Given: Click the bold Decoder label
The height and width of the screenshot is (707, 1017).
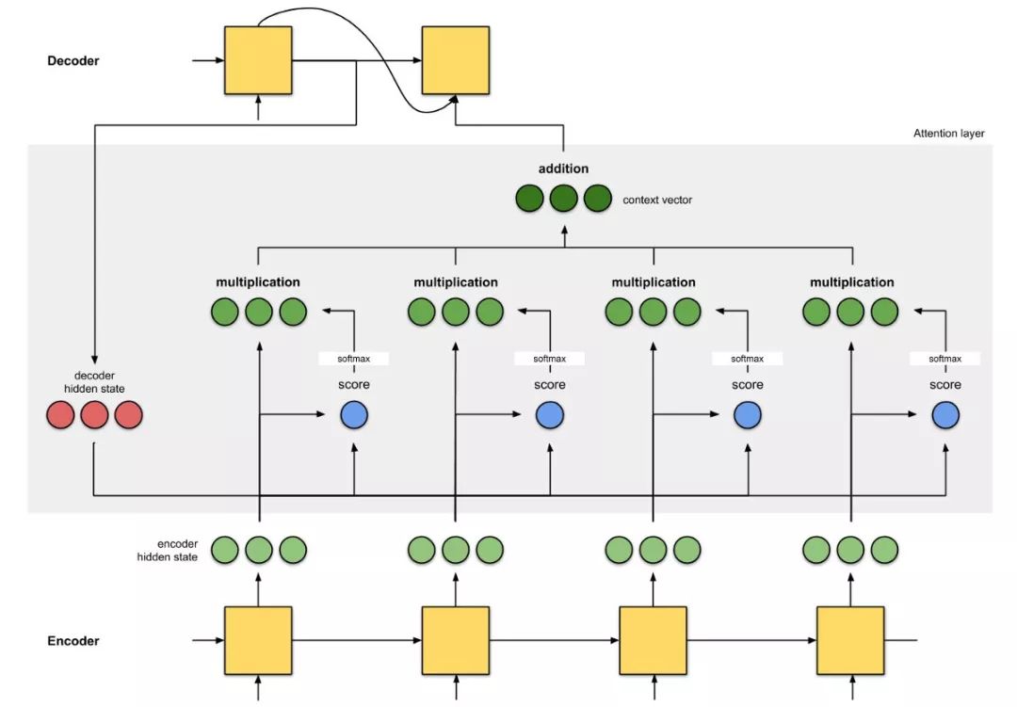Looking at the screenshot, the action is pos(73,61).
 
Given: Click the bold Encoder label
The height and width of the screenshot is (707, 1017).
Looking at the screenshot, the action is pos(73,641).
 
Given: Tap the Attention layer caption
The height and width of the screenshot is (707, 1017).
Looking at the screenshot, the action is pos(949,134).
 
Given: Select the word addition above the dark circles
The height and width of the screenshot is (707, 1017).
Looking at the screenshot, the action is pos(564,169).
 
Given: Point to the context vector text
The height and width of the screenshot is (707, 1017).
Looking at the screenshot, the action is pos(657,200).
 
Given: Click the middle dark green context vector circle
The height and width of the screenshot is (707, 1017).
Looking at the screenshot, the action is pos(564,199).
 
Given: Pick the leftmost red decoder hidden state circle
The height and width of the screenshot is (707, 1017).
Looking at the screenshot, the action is pos(60,415).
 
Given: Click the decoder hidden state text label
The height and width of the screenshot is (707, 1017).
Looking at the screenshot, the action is pos(95,382).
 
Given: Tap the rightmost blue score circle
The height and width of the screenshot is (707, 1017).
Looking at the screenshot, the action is pos(945,415).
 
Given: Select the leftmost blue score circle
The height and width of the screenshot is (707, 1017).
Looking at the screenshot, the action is pos(354,415).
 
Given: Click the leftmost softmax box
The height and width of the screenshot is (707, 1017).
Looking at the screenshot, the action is pos(353,359).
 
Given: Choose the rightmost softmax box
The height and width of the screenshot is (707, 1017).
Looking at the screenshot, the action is pos(945,359).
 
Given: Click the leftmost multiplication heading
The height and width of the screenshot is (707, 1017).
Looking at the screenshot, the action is pos(258,282).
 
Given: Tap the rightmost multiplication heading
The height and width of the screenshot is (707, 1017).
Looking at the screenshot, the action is pos(851,282).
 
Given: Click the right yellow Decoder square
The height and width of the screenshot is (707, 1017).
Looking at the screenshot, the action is pos(456,60).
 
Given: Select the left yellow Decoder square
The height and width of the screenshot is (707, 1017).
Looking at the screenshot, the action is pos(258,60).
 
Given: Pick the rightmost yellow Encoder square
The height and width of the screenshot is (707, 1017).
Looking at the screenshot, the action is pos(850,641).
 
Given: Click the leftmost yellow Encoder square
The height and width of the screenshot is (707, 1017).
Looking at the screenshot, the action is pos(258,641).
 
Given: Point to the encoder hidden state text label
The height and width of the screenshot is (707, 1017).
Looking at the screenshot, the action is pos(168,550).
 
